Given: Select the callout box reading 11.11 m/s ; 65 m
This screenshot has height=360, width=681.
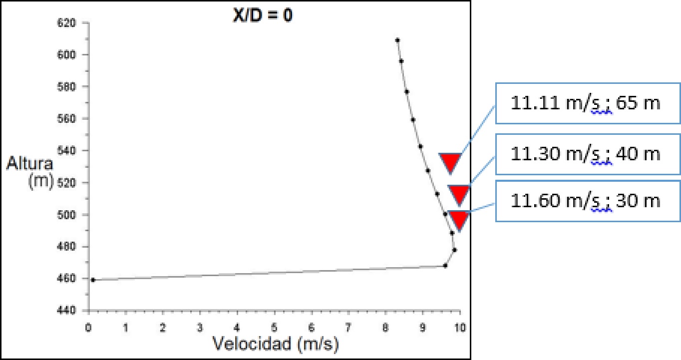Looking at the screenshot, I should [588, 103].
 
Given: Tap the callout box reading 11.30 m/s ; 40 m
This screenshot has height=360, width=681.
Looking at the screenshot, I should [588, 154].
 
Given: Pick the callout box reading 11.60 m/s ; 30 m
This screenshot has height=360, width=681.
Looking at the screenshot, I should [588, 201].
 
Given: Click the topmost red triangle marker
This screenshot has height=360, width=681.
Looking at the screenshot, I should [449, 162].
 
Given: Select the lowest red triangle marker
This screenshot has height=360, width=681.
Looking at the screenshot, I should [458, 220].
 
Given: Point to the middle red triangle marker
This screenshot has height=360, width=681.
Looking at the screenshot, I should [459, 193].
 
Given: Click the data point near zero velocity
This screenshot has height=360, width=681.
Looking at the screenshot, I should [93, 280].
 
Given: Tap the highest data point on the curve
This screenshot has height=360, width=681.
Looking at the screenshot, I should [397, 40].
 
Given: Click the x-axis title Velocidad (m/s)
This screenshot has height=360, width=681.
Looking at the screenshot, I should [276, 344].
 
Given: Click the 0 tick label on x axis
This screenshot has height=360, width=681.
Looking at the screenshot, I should [88, 328].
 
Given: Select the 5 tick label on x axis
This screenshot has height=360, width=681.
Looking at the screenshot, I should [274, 328].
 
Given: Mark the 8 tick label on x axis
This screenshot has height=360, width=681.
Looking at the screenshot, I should [385, 328].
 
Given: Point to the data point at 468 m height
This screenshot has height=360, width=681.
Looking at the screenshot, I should [445, 266].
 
